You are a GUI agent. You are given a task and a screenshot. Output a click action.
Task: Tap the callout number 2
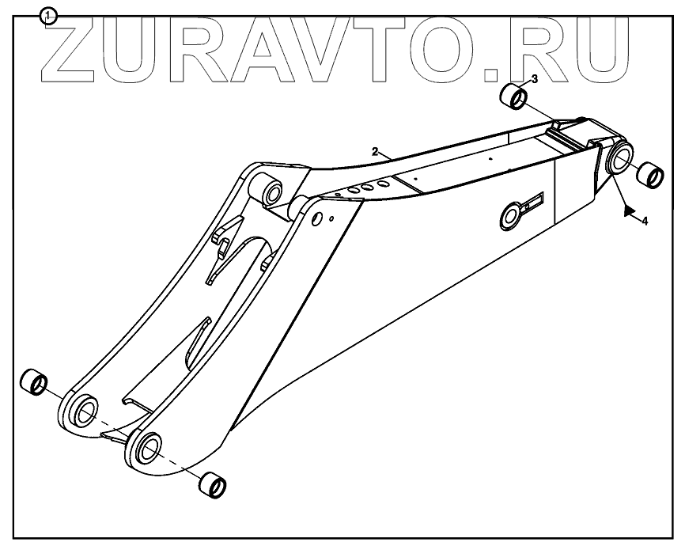[377, 150]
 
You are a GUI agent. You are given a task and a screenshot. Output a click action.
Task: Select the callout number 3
[535, 79]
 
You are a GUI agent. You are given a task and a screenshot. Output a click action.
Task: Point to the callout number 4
[645, 222]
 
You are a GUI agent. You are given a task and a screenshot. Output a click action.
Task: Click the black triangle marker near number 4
[630, 210]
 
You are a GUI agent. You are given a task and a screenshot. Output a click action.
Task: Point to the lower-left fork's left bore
[85, 410]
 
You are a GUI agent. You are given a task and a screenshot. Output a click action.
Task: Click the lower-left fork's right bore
[148, 449]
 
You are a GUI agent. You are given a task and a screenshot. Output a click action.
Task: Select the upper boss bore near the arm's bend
[271, 192]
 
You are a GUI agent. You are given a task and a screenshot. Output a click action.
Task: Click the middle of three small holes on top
[368, 187]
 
